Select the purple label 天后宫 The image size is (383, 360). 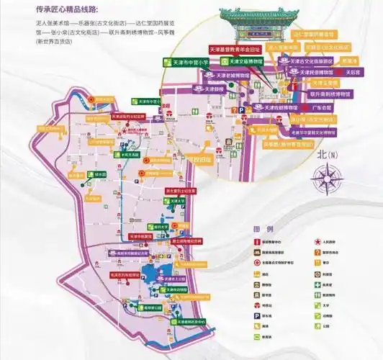352,73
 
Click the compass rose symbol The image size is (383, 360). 328,177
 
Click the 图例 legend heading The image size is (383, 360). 262,230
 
